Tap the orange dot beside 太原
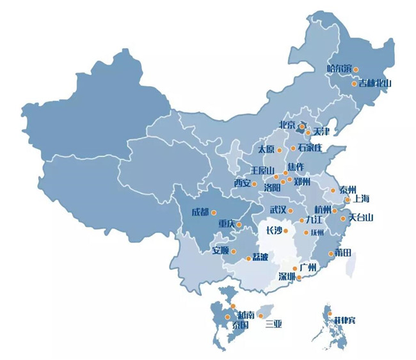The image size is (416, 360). (x=280, y=150)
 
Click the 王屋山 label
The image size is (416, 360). (x=262, y=170)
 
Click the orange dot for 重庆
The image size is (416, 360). (x=239, y=224)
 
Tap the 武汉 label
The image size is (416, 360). (x=278, y=210)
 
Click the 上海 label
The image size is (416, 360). (x=361, y=199)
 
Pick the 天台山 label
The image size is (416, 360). (x=361, y=218)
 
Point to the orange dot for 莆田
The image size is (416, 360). (x=331, y=254)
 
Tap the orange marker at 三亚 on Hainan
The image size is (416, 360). (x=260, y=316)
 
